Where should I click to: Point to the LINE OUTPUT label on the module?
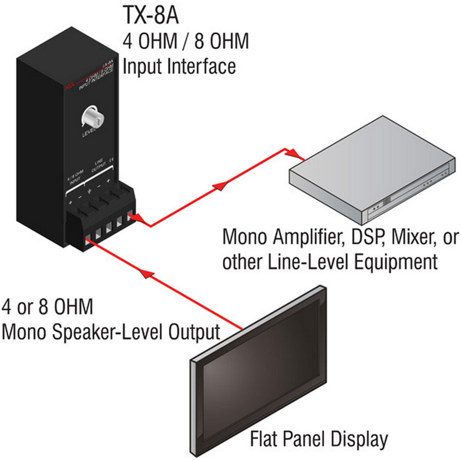point(100,165)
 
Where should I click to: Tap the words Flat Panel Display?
point(319,439)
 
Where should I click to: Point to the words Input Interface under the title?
point(179,66)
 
